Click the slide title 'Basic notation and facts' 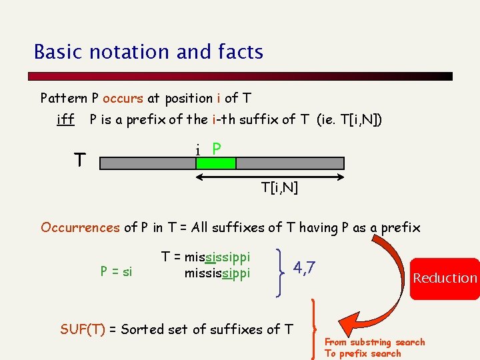[149, 52]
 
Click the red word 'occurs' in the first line [123, 99]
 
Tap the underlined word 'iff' [65, 120]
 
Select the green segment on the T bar [215, 163]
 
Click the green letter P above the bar [217, 148]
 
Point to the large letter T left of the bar [80, 161]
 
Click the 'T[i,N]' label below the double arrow [280, 188]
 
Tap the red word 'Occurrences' [80, 228]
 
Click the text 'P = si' [116, 271]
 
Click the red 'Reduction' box [445, 278]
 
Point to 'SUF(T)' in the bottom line [83, 329]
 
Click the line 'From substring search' [375, 342]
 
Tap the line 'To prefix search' [363, 353]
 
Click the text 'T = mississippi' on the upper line [206, 257]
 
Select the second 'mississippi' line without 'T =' [217, 273]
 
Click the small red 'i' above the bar [199, 150]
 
